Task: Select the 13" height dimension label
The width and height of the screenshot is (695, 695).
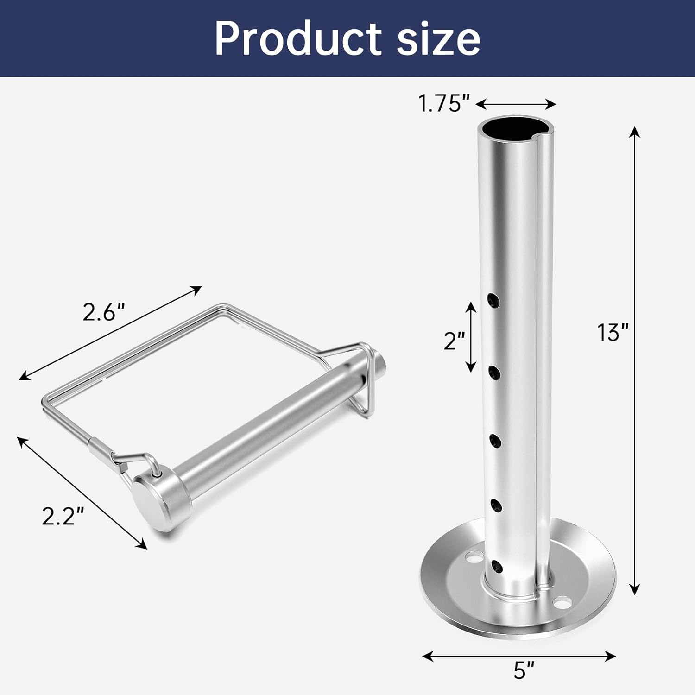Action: point(613,333)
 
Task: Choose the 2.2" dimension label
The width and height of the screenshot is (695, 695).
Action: point(63,516)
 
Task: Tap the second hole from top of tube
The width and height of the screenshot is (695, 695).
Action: point(494,372)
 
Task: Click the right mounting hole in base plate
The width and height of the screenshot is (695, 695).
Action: point(562,603)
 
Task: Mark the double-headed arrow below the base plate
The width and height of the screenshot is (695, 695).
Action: point(519,656)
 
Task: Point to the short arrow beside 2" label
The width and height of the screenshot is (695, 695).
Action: point(471,337)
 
